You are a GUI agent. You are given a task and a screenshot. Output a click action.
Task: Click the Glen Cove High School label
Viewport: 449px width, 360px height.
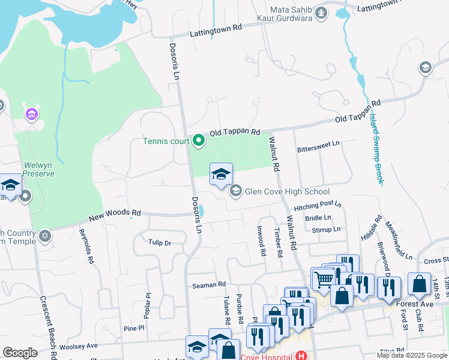pos(287,192)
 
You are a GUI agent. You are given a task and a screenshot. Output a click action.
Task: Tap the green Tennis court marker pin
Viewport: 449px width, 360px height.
pos(198,142)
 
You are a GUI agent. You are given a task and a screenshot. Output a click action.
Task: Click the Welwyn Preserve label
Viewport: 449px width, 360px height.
pos(38,169)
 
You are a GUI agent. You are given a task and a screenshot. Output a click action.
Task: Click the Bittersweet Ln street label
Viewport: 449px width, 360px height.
pos(318,144)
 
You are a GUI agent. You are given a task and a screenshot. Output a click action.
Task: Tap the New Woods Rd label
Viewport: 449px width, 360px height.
pos(115,213)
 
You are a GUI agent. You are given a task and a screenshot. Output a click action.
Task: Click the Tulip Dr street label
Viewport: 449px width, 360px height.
pos(160,243)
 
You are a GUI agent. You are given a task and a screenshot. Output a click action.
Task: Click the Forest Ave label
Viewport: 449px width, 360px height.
pos(415,304)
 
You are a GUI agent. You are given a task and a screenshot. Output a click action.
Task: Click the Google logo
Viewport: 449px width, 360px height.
pos(20,353)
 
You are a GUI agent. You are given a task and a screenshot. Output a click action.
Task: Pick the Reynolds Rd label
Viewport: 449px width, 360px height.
pos(86,246)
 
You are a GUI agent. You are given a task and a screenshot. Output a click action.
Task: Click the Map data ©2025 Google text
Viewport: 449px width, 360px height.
pos(412,355)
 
